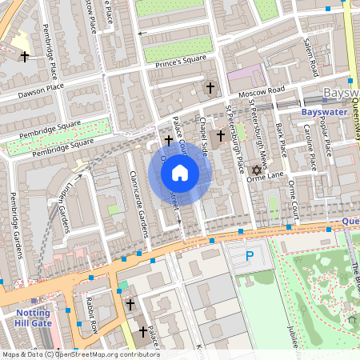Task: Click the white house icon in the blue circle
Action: click(x=180, y=172)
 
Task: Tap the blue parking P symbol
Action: click(x=249, y=257)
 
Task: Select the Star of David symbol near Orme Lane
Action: click(x=257, y=170)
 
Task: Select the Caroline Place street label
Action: click(x=310, y=151)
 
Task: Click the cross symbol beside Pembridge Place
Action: click(x=24, y=57)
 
